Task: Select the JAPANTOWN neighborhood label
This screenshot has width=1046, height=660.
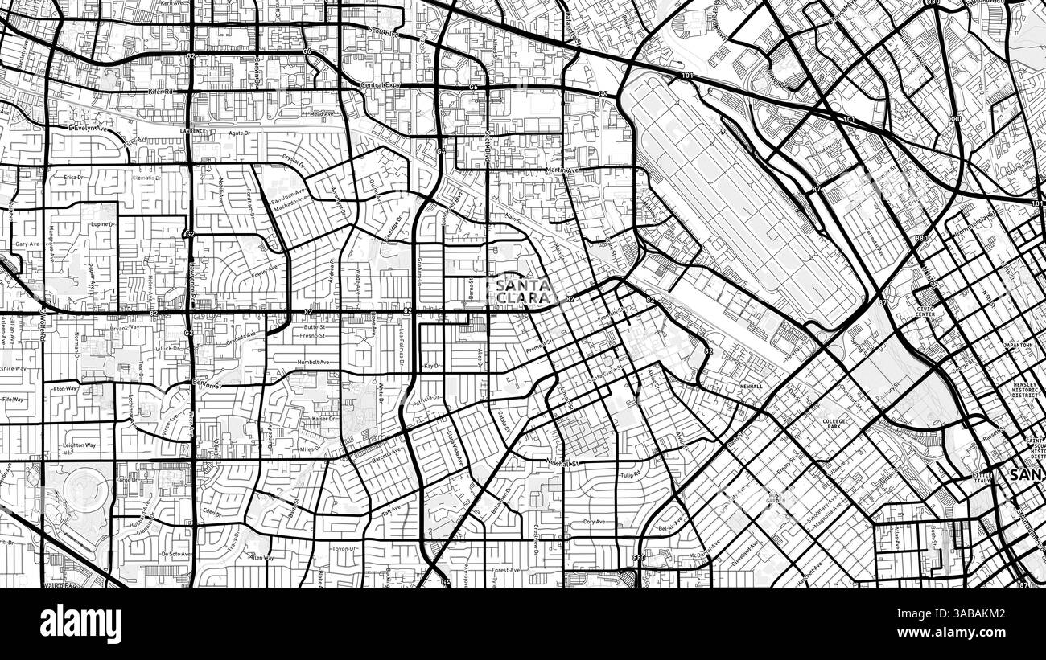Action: click(x=1018, y=345)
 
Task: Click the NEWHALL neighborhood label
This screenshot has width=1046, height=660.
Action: click(x=751, y=387)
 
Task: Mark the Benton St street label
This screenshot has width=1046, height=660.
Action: click(x=207, y=385)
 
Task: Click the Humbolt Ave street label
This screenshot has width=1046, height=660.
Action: click(x=313, y=363)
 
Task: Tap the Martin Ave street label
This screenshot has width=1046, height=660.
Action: click(x=562, y=170)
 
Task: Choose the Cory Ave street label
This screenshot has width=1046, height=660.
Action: click(x=593, y=522)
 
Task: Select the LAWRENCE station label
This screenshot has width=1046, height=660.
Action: click(x=193, y=130)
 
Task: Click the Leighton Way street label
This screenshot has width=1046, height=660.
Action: click(x=80, y=445)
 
